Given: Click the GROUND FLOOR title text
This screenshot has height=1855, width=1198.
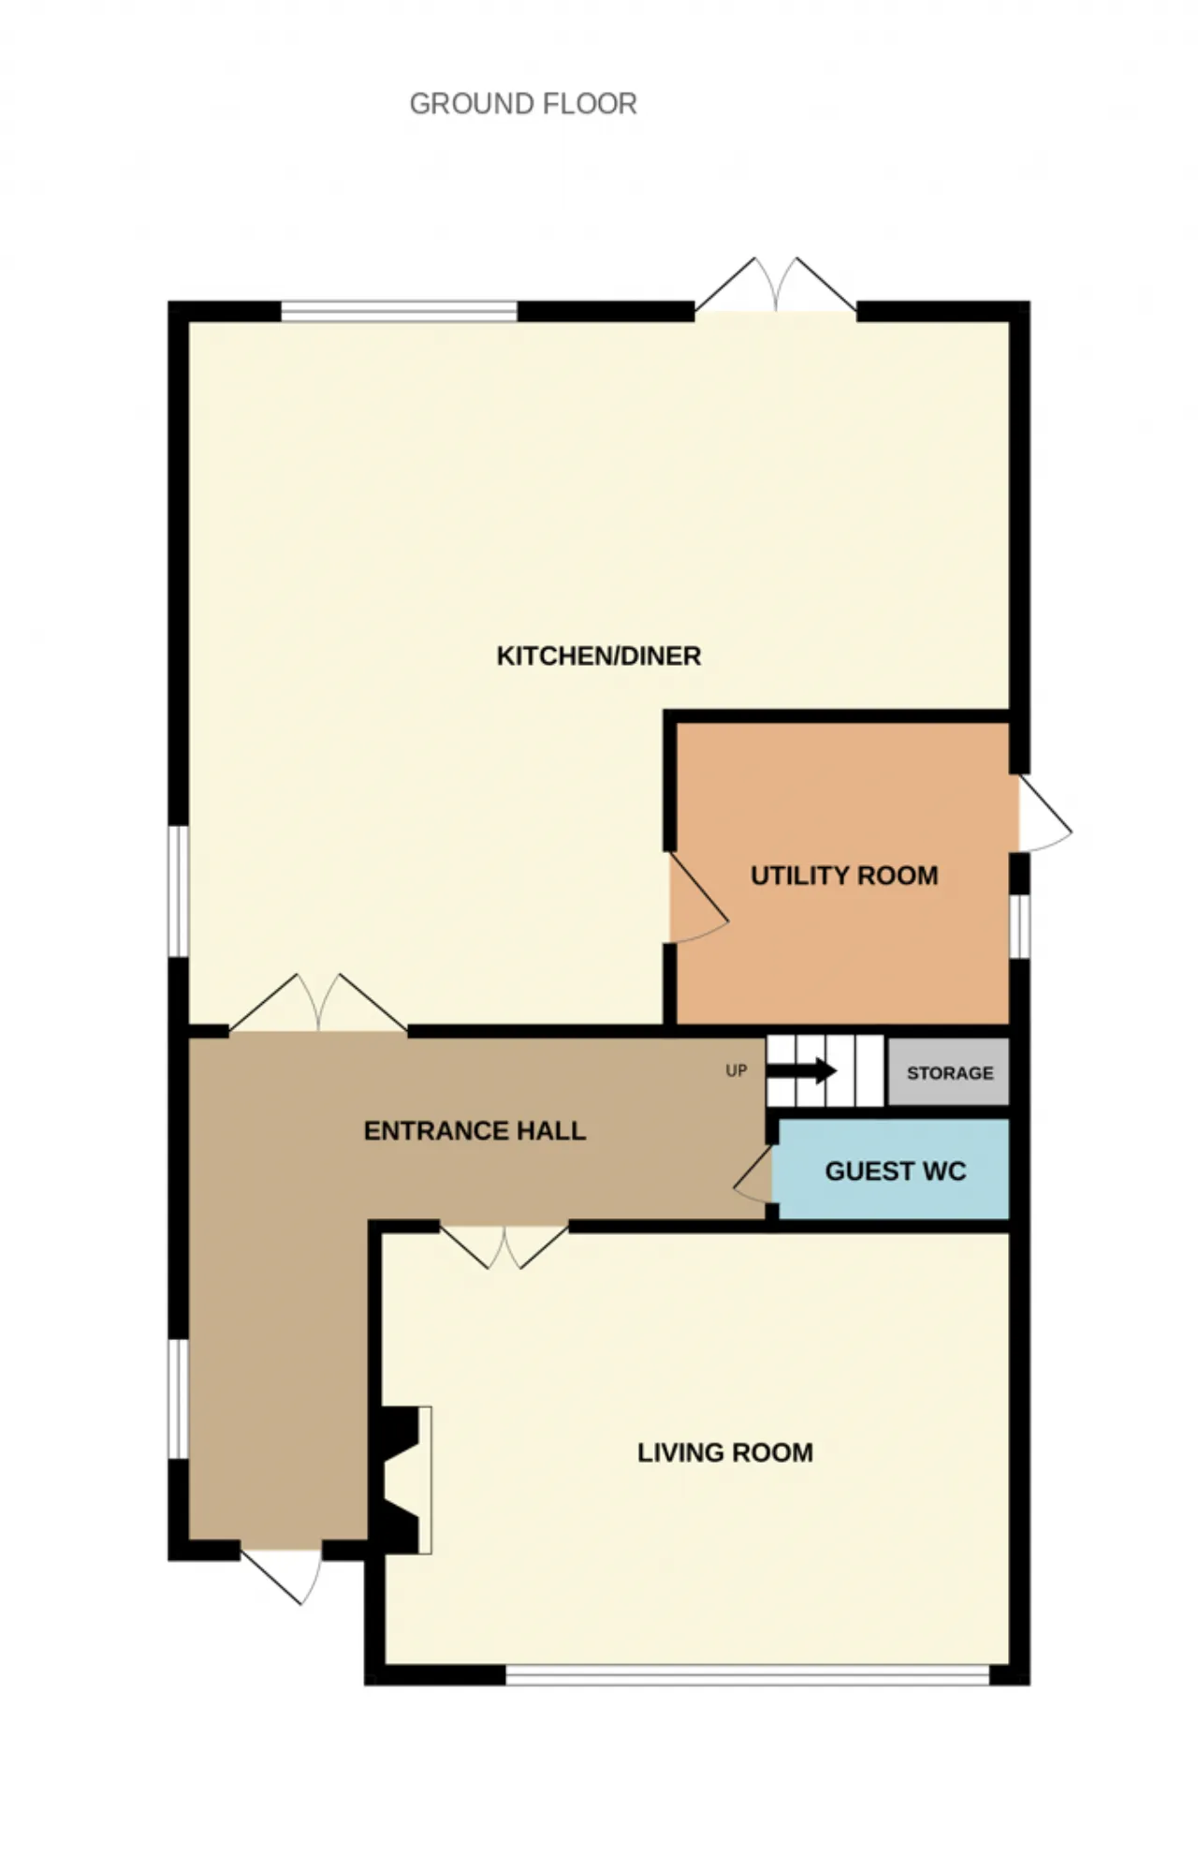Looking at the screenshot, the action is [x=523, y=103].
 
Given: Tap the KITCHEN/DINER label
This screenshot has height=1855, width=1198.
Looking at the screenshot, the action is [x=598, y=655].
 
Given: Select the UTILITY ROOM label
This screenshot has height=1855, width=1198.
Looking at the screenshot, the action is [x=844, y=876].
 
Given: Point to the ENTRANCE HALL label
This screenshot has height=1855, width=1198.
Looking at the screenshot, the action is [x=475, y=1131].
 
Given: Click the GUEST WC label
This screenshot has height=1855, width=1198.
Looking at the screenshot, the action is [x=895, y=1171].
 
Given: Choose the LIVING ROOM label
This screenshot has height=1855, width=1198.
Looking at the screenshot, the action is [x=725, y=1452].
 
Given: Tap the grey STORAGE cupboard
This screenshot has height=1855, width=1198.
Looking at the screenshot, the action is [x=948, y=1071].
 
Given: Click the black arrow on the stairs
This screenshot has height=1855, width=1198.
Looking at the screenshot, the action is [x=801, y=1070].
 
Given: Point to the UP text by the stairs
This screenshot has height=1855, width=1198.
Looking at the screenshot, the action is [x=737, y=1070].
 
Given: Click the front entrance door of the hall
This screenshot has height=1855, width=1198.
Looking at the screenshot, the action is [x=281, y=1575].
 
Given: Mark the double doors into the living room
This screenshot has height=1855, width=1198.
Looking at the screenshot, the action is [x=504, y=1246].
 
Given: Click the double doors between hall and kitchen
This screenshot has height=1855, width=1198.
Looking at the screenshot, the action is [x=318, y=1004].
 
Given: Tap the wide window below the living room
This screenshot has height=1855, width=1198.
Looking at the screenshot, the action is [x=748, y=1675].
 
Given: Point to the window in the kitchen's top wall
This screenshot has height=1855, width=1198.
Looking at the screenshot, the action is [x=400, y=311].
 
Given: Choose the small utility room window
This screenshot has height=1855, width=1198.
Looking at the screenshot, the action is [x=1020, y=926].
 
